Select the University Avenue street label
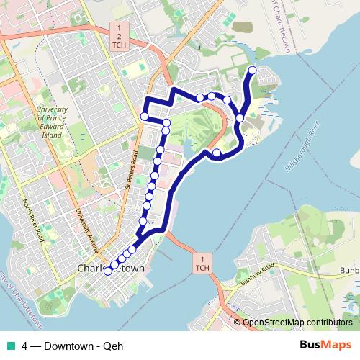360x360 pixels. [x=86, y=229]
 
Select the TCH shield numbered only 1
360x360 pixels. [x=203, y=264]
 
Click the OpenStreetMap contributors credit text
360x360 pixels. [x=297, y=323]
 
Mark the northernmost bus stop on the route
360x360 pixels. [x=252, y=70]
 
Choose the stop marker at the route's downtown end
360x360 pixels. [x=108, y=271]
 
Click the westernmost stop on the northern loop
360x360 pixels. [x=145, y=117]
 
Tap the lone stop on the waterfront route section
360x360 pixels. [x=217, y=152]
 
